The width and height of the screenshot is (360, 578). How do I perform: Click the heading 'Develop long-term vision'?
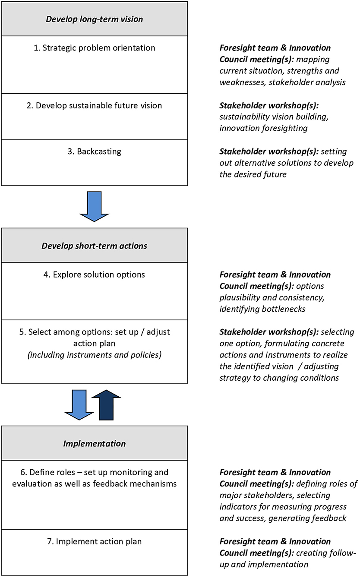94,19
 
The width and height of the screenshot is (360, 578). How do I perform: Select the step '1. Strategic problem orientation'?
94,48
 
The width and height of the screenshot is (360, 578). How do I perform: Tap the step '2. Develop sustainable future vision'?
94,105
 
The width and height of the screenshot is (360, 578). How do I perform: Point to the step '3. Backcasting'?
94,152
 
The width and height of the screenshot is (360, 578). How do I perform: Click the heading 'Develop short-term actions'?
94,246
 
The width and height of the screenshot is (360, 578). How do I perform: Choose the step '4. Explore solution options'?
94,275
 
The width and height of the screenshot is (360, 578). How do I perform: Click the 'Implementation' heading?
94,443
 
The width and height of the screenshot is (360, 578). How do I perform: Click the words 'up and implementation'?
263,564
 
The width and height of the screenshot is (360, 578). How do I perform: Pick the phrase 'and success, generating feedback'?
283,518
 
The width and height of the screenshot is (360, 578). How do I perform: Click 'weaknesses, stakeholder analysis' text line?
282,82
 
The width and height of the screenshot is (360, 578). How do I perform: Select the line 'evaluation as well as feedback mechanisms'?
94,484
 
